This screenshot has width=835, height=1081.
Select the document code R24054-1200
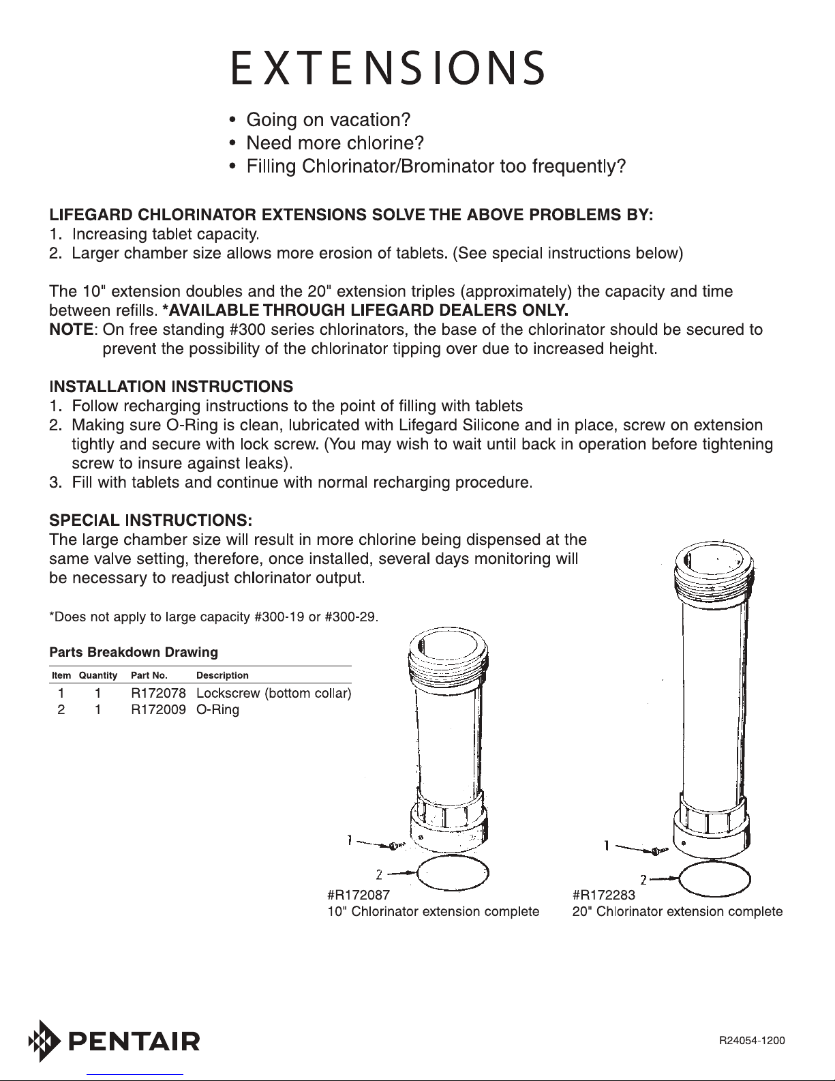pos(752,1041)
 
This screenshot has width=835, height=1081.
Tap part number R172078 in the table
pos(158,693)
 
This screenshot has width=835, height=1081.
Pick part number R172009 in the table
pos(158,709)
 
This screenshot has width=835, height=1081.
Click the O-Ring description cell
pos(217,710)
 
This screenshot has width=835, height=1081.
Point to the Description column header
pos(222,675)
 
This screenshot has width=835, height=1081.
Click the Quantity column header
pos(98,676)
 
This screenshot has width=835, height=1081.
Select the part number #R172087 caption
pos(359,895)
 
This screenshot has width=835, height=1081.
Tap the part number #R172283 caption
pos(603,895)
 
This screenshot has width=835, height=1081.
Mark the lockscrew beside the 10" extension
pos(394,846)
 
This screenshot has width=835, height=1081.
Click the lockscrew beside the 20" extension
pos(656,851)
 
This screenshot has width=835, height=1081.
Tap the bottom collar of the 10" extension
pos(449,831)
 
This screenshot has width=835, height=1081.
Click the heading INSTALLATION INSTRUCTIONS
pos(171,387)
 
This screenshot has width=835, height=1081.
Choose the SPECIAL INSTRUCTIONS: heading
pos(151,520)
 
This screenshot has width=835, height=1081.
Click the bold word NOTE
pos(71,329)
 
